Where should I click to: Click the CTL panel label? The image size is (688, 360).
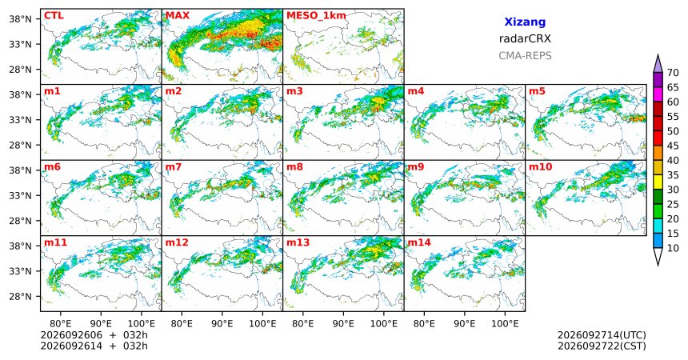(x=54, y=16)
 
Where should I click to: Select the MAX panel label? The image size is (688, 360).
(x=178, y=16)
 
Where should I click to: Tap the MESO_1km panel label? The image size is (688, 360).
(x=316, y=16)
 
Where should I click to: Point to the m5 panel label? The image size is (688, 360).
(x=537, y=91)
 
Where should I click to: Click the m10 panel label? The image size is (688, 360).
(x=541, y=167)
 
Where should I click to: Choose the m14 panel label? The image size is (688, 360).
(x=419, y=242)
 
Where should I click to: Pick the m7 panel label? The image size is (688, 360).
(x=174, y=167)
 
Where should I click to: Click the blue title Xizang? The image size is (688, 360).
(x=525, y=22)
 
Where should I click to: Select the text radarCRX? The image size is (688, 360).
(x=525, y=38)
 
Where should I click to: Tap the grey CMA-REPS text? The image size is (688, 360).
(x=525, y=56)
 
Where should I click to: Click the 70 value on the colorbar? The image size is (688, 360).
(x=673, y=73)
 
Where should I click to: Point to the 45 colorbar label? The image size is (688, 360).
(x=673, y=146)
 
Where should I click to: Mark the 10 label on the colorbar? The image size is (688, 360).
(x=673, y=248)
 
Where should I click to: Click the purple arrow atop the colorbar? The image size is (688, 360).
(x=658, y=64)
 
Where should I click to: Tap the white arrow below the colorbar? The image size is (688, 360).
(x=658, y=256)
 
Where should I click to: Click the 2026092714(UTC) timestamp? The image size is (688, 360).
(x=602, y=335)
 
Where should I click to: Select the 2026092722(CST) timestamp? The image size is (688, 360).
(x=602, y=346)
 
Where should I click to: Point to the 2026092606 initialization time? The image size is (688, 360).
(x=71, y=335)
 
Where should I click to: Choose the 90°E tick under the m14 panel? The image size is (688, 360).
(x=464, y=324)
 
